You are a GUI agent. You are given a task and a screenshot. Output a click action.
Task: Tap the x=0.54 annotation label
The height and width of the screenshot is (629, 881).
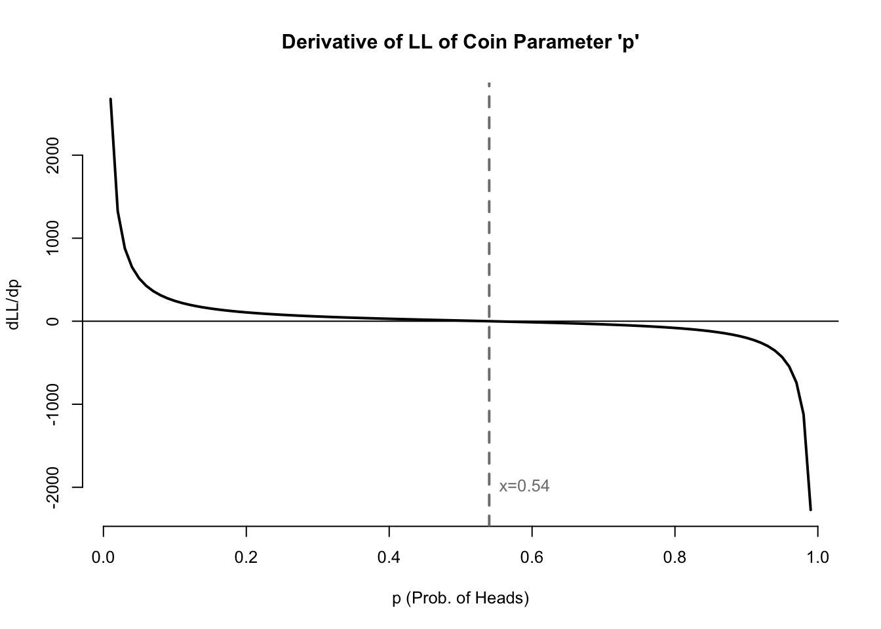click(524, 486)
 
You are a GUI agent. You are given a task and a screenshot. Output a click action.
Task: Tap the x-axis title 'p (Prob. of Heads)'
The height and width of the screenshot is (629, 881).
click(460, 598)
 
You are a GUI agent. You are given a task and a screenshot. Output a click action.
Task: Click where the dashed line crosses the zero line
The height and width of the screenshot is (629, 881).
click(489, 321)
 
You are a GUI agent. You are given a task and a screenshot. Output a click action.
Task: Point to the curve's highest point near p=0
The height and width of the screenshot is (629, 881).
click(110, 100)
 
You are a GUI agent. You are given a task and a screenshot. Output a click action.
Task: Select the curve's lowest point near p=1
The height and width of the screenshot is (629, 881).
click(810, 509)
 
